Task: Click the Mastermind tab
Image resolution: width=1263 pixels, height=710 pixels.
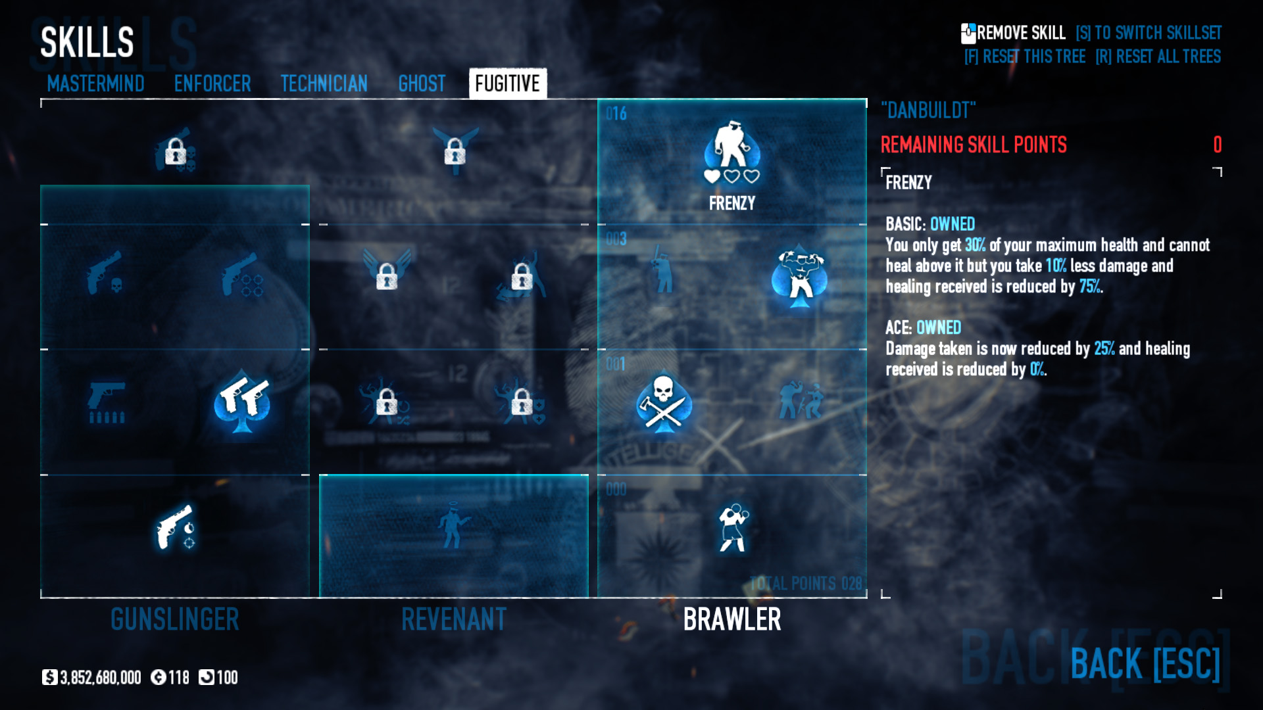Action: pos(95,83)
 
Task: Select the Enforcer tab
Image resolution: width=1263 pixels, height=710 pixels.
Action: pos(212,83)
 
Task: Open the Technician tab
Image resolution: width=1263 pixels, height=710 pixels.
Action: pos(324,83)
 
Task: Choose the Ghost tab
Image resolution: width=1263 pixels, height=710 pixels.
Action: pos(422,83)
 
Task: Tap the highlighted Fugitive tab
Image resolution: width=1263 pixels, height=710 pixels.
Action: pos(507,83)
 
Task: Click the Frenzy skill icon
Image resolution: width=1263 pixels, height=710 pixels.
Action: pos(732,148)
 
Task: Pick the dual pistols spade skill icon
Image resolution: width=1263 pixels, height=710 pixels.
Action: pos(243,402)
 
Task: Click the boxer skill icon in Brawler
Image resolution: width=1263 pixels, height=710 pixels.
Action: pos(733,528)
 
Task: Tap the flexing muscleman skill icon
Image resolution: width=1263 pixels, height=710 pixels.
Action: pos(800,276)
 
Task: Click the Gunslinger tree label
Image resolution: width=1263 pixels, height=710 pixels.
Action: pos(174,619)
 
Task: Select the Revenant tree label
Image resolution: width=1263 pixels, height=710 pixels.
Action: pos(454,619)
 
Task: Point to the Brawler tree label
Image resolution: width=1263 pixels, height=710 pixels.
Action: pos(732,619)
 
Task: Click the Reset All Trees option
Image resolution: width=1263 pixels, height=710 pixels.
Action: pos(1158,57)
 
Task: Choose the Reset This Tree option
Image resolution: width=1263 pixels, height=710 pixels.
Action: pos(1025,57)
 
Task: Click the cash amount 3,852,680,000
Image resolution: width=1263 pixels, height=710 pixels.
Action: pos(100,678)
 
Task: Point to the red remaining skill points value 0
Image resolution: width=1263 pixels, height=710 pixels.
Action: pos(1217,145)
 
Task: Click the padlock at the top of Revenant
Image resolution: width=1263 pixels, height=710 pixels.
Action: pos(455,152)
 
